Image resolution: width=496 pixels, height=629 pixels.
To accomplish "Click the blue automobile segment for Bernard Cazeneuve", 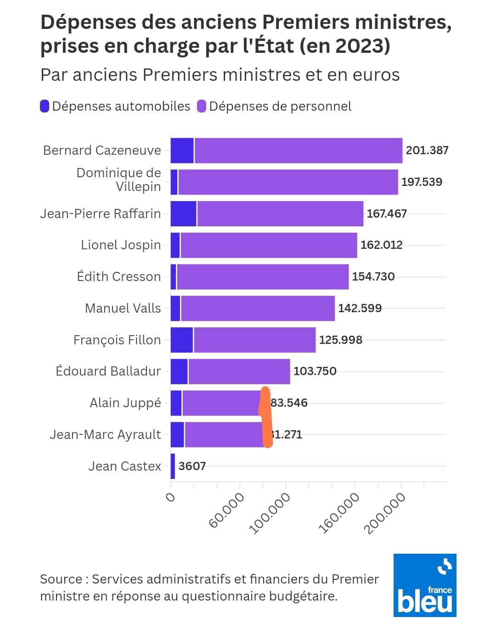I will click(182, 151).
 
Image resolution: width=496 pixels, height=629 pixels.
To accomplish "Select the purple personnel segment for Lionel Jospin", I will click(269, 245).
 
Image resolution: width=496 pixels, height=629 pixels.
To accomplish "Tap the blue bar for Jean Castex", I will click(173, 466).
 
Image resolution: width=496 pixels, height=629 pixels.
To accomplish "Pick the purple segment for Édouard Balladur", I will click(239, 371).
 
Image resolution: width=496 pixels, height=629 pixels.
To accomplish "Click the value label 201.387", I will click(427, 151).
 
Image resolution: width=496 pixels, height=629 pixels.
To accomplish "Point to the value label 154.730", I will click(373, 277).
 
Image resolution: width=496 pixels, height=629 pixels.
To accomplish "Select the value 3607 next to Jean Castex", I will click(192, 466).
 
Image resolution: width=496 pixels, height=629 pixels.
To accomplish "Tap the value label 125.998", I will click(341, 340).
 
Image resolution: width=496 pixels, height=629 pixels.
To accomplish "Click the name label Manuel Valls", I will click(123, 309).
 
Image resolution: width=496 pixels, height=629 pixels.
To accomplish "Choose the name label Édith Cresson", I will click(119, 277).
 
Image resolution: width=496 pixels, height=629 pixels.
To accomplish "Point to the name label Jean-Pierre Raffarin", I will click(101, 214).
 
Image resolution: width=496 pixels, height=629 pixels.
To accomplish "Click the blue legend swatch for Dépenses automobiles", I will click(45, 107).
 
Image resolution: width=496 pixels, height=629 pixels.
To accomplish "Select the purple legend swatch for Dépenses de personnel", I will click(202, 107).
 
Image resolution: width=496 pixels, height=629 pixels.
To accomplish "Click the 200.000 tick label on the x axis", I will click(385, 513).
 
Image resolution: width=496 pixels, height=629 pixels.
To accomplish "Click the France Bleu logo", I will click(425, 585).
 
